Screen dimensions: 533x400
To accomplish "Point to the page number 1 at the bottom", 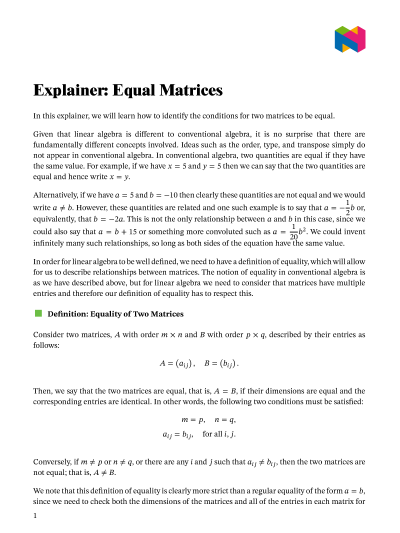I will click(x=35, y=516).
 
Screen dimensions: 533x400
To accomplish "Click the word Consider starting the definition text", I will click(x=50, y=331).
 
